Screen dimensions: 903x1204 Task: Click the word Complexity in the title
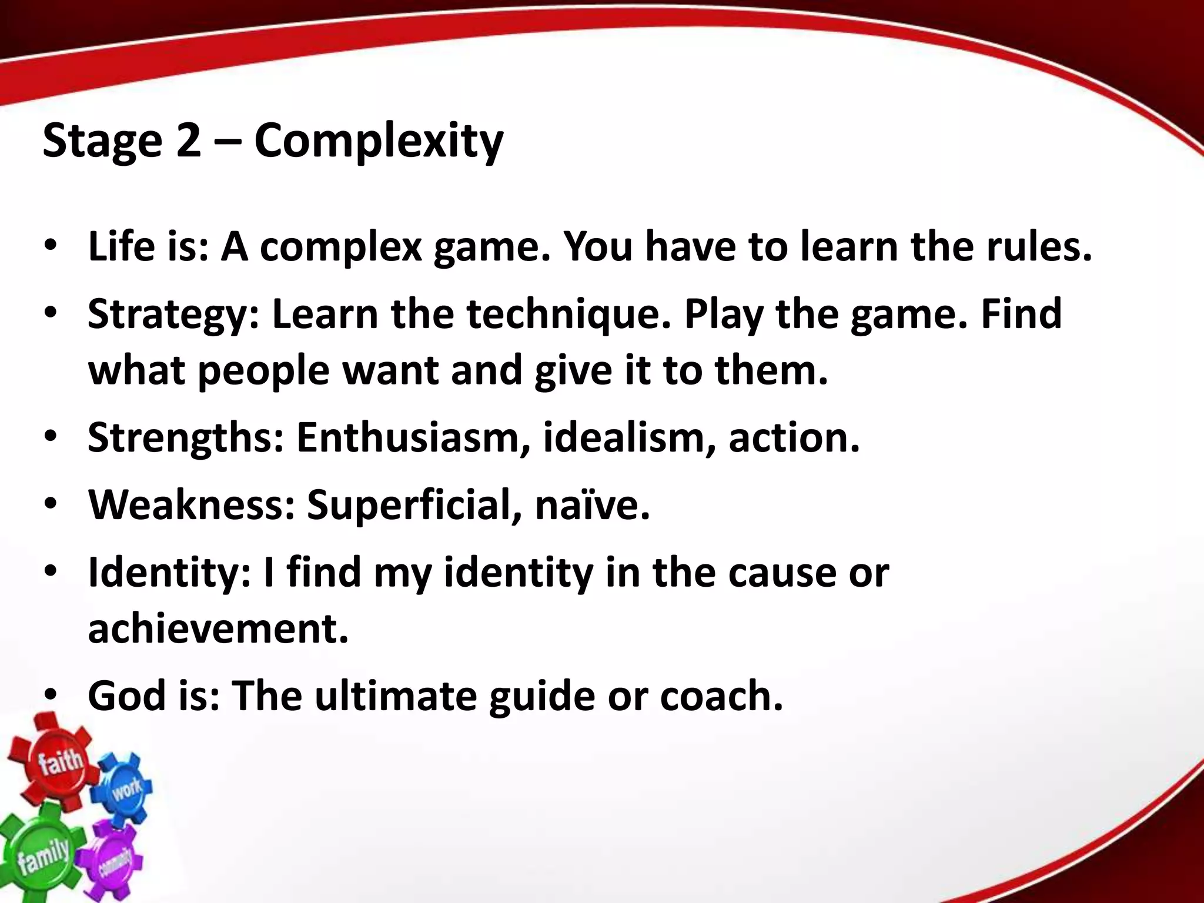click(x=379, y=142)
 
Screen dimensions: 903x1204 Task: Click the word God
click(x=126, y=695)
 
